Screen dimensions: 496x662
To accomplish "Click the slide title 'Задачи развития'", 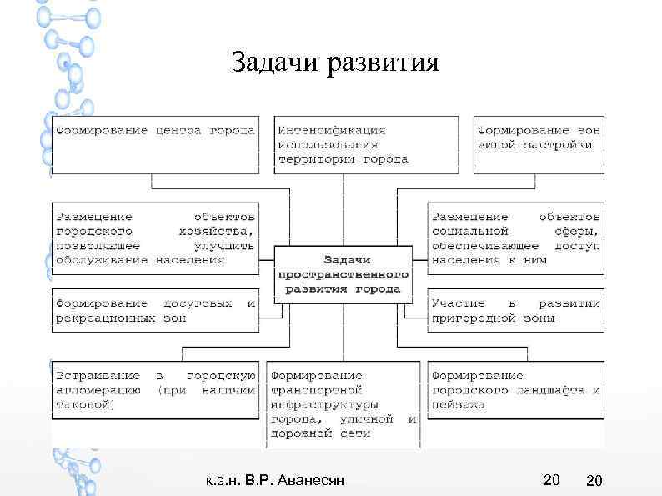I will pos(334,63).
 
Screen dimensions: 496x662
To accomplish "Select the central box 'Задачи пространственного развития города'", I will pos(343,273).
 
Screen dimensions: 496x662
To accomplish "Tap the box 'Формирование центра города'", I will pos(155,144).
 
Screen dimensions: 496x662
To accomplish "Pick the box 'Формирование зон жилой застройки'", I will pos(537,144).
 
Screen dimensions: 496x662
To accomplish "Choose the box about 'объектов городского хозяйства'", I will pos(155,238).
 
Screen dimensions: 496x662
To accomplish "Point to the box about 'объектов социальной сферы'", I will pos(514,238).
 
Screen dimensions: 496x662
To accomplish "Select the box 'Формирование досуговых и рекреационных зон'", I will pos(155,310).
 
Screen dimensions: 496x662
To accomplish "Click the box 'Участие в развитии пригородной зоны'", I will pos(514,310).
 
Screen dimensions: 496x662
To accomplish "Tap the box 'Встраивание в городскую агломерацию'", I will pos(155,390).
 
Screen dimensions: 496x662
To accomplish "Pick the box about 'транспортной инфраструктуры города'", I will pos(342,404).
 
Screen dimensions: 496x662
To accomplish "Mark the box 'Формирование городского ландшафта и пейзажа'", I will pos(514,390).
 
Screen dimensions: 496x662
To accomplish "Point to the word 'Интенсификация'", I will pos(332,130).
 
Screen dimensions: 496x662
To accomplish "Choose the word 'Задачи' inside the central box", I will pos(343,259).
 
